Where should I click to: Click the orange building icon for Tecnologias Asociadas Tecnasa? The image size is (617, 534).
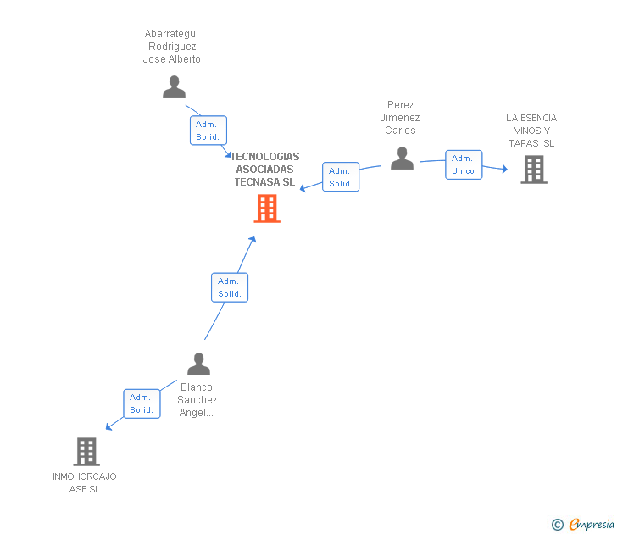coord(267,209)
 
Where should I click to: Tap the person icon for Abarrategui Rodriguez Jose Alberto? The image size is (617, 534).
coord(174,87)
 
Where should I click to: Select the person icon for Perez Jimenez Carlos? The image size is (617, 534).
coord(402,158)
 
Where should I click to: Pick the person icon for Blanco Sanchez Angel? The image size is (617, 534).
coord(198,364)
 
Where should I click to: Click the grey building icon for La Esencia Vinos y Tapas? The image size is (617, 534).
coord(533,170)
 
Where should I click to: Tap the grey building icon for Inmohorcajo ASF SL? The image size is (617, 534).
coord(86,452)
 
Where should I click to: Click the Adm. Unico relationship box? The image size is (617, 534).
coord(464,164)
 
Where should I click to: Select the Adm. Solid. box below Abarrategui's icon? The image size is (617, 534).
coord(208,131)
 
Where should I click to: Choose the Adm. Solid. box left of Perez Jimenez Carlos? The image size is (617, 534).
coord(341,176)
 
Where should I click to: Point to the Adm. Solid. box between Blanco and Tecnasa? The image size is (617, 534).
coord(229,287)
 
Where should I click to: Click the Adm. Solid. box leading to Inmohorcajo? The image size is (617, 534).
coord(142,403)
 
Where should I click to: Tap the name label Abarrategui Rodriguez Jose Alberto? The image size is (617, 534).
coord(172,47)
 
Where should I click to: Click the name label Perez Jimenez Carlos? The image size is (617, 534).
coord(400,118)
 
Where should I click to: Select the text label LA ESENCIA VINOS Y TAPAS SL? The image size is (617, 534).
coord(531,131)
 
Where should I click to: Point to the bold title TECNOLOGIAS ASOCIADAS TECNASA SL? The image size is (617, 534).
coord(265,170)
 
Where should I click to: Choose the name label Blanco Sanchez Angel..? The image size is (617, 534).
coord(197,400)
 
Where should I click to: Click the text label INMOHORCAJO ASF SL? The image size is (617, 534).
coord(85,482)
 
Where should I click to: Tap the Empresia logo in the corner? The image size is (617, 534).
coord(592,525)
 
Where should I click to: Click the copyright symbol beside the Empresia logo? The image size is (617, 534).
coord(557,525)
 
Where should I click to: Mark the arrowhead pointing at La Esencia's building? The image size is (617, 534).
coord(504,170)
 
